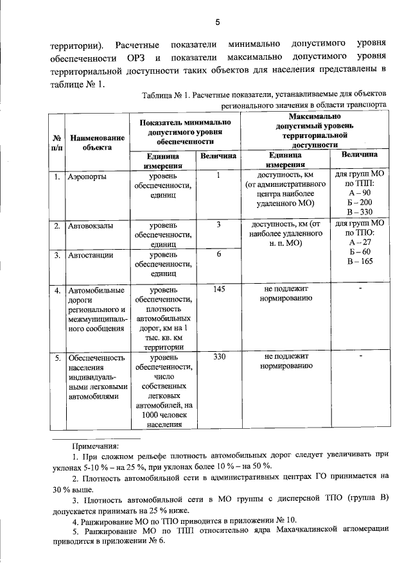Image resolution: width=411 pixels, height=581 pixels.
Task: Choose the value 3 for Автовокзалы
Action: click(218, 225)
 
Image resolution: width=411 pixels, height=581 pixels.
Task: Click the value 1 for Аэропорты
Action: click(218, 175)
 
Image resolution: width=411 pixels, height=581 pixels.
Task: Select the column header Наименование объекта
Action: click(97, 141)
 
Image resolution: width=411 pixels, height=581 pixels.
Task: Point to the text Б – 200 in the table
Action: click(360, 202)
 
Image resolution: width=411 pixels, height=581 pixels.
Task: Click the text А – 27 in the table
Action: click(360, 243)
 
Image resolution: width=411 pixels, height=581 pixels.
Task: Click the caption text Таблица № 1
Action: click(170, 96)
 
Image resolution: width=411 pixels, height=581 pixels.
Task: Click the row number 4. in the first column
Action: click(57, 290)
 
